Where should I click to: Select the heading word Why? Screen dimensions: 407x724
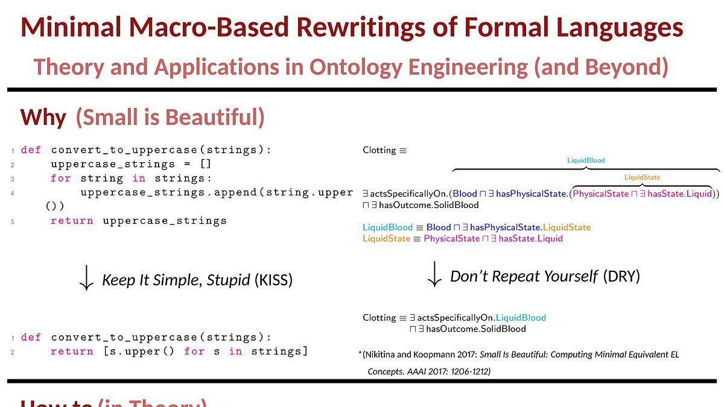[43, 117]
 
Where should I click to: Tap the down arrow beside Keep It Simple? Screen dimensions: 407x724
[86, 279]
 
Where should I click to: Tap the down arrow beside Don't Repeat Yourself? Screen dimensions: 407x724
[434, 275]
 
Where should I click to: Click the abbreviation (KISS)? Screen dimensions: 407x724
[273, 280]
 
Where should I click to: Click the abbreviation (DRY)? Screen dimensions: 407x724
[621, 276]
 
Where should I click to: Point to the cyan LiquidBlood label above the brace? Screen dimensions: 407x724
[585, 160]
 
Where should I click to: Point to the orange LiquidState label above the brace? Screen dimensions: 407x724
[642, 177]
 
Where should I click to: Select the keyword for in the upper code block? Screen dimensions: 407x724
[60, 178]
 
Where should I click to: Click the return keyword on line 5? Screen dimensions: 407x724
[72, 221]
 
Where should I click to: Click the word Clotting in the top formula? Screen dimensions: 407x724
[379, 150]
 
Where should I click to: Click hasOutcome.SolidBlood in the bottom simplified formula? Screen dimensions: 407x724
[476, 329]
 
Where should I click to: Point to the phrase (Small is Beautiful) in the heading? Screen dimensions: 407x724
[170, 117]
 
